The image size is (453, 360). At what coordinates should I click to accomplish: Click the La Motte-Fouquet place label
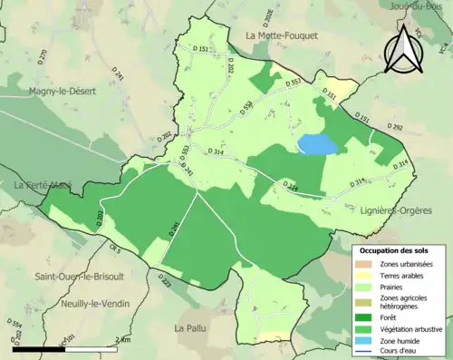coord(280,35)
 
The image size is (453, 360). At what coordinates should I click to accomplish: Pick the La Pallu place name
coord(192,326)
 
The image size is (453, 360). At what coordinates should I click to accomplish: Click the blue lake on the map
coord(317,143)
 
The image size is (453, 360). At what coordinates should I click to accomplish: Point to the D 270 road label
coord(43,57)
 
